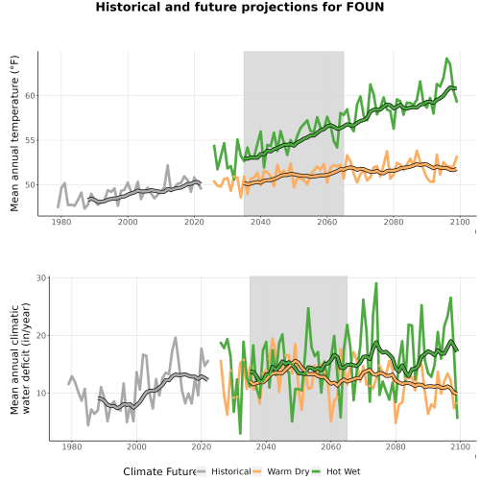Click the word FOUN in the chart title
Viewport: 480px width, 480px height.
pyautogui.click(x=366, y=7)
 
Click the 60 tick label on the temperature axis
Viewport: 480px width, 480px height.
pyautogui.click(x=30, y=96)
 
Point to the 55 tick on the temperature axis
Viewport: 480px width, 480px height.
pyautogui.click(x=30, y=140)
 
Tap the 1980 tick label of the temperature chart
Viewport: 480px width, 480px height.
pyautogui.click(x=61, y=222)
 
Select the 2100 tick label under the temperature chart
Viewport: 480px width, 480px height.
pyautogui.click(x=460, y=222)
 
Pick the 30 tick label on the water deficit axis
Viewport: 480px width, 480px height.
pyautogui.click(x=41, y=278)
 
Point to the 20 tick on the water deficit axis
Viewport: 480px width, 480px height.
pyautogui.click(x=41, y=335)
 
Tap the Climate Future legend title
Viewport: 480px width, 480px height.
pyautogui.click(x=160, y=471)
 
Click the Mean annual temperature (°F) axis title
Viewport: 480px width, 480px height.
pyautogui.click(x=14, y=133)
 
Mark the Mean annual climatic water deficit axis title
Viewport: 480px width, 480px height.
pyautogui.click(x=20, y=358)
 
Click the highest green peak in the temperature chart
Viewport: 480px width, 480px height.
pyautogui.click(x=446, y=59)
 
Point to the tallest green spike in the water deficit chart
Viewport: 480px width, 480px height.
pyautogui.click(x=376, y=283)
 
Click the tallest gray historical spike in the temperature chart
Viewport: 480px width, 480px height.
pyautogui.click(x=168, y=165)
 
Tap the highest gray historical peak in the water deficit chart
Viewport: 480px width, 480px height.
pyautogui.click(x=176, y=337)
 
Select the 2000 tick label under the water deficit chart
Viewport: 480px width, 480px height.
pyautogui.click(x=136, y=446)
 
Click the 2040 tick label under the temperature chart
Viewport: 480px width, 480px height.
pyautogui.click(x=260, y=222)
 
